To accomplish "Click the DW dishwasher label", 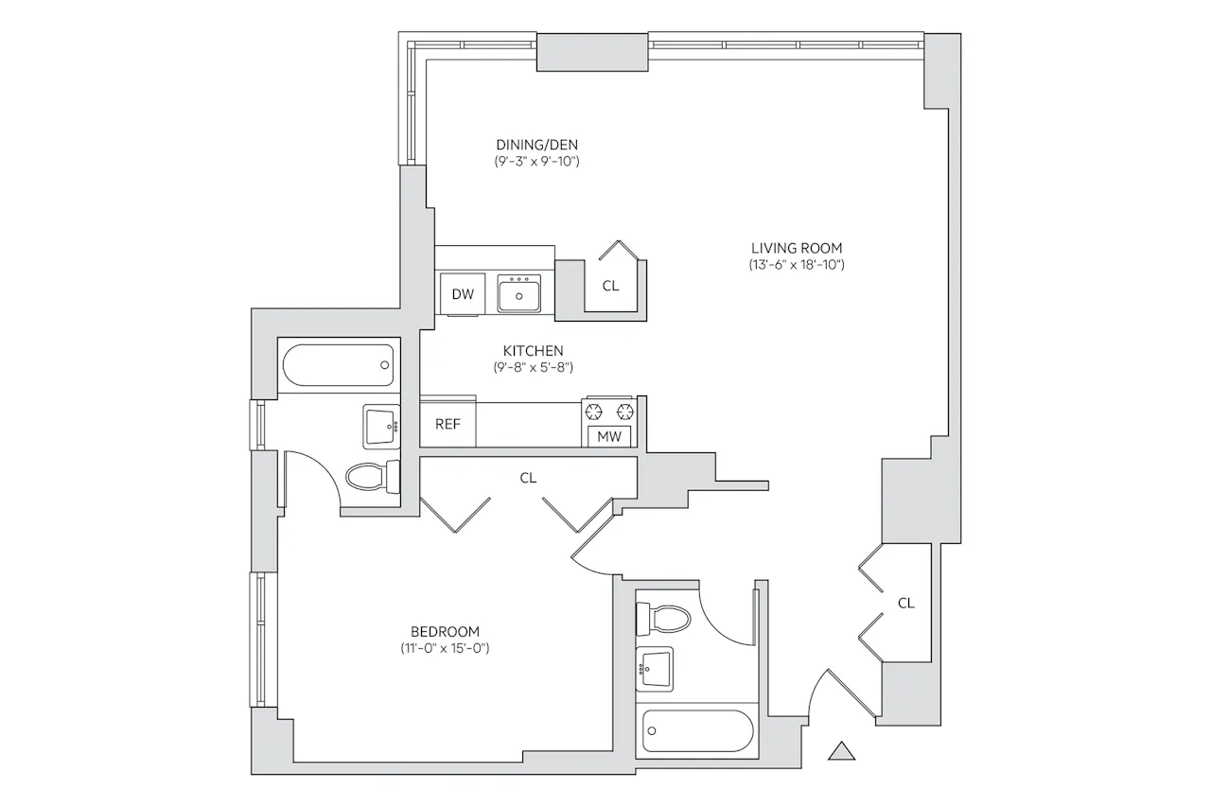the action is [x=463, y=294].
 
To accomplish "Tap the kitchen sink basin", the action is [x=519, y=293].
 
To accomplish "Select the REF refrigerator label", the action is [x=448, y=424].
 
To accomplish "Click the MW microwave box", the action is [x=609, y=436].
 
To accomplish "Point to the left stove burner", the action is [x=594, y=412].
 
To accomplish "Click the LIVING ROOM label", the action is [x=797, y=248].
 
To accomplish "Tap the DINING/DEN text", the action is [x=536, y=145].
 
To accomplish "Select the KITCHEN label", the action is [x=533, y=351].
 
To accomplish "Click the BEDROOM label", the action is [x=445, y=631].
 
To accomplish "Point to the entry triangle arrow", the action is [x=842, y=750].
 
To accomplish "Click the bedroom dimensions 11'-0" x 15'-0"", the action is [x=445, y=648].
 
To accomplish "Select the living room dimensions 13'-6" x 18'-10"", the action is [x=797, y=265].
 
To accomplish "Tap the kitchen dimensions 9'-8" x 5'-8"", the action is [x=533, y=368].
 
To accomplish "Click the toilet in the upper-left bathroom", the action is [x=373, y=477].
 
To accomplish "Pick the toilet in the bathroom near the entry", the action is [x=663, y=620].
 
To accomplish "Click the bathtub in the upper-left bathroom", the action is [x=339, y=365].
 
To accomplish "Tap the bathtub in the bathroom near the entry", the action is [x=697, y=730].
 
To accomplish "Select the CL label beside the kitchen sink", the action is [x=610, y=286].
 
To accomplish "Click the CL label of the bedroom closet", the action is [x=528, y=478].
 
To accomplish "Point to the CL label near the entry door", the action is [x=906, y=604].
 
